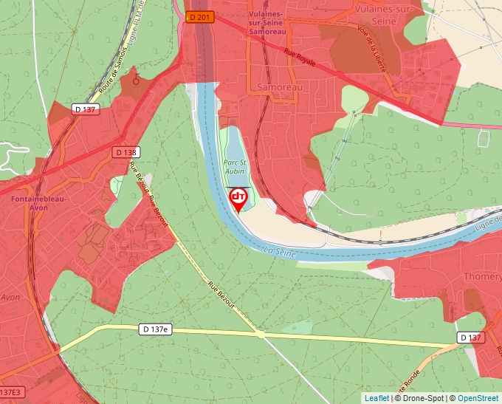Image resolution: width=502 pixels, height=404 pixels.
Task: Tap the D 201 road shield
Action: click(x=199, y=17)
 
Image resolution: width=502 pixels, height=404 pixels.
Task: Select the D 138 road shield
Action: click(x=126, y=152)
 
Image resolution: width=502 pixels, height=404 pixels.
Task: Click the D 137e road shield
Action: click(x=155, y=329)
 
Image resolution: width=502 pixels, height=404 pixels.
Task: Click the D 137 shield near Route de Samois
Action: click(x=86, y=109)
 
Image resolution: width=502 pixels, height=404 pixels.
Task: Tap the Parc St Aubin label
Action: click(x=234, y=166)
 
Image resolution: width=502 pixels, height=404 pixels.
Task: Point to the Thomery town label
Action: click(x=483, y=277)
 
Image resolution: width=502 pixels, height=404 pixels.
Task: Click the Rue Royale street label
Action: click(x=300, y=57)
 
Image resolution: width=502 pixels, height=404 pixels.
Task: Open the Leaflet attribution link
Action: click(x=376, y=398)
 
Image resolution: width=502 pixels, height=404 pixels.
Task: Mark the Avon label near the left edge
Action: click(x=10, y=297)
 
